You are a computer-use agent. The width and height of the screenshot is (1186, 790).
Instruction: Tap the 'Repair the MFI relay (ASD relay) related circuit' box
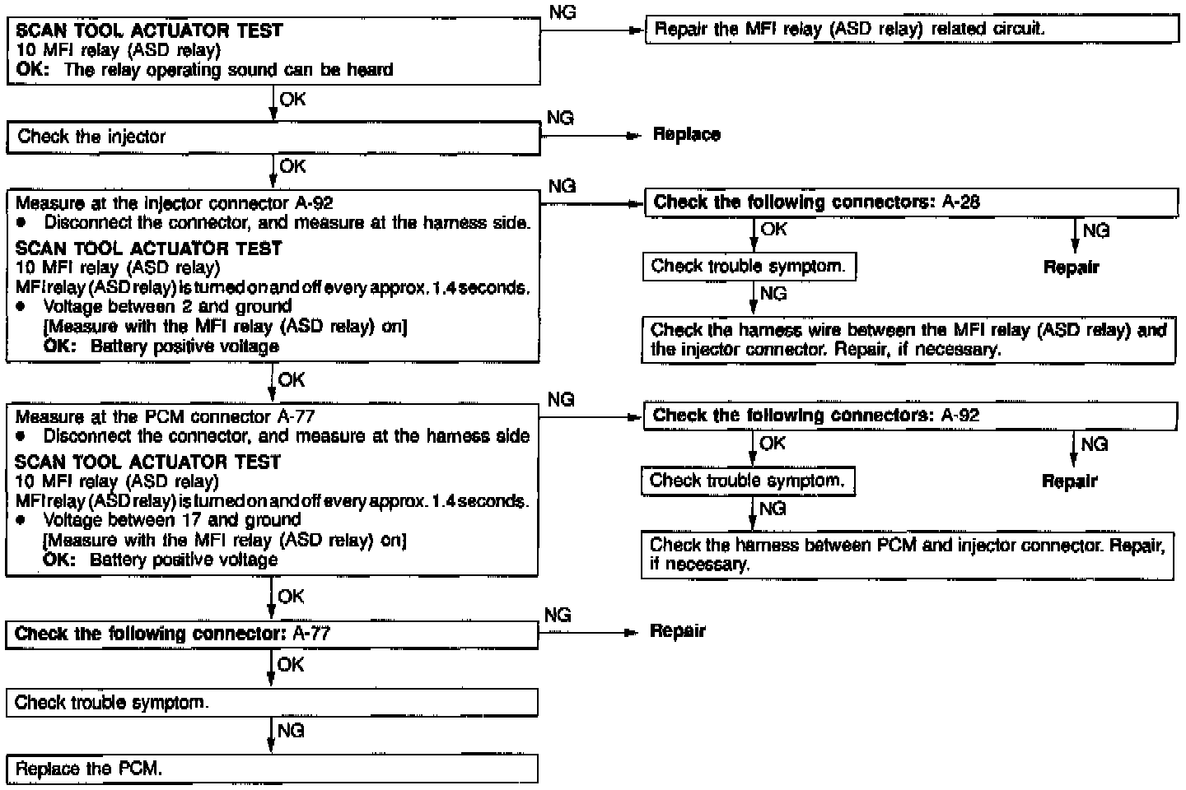[911, 30]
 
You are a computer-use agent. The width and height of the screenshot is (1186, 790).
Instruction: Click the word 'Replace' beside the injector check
[686, 135]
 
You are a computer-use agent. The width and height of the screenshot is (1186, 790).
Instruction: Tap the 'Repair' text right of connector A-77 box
[678, 631]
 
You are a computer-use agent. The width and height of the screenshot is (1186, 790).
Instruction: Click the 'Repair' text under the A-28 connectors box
[1071, 267]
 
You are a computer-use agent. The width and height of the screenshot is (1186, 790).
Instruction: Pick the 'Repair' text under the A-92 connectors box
[1069, 481]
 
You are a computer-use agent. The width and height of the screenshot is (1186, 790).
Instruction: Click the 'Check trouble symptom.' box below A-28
[748, 266]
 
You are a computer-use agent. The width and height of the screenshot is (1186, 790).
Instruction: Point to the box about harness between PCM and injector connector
[907, 555]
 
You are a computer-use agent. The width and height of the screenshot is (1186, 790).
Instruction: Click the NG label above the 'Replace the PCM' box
[291, 731]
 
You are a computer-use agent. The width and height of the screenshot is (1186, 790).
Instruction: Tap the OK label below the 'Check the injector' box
[292, 167]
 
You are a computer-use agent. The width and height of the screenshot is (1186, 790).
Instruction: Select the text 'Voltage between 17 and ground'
[171, 520]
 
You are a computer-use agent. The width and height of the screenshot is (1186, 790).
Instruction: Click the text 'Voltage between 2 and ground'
[167, 307]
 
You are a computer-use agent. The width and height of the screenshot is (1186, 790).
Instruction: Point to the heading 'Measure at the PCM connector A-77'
[165, 417]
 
